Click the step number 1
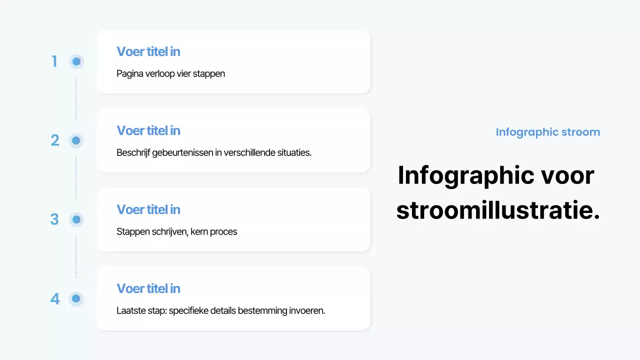tap(54, 61)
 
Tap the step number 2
tap(55, 140)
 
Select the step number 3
tap(54, 219)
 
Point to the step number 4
tap(55, 299)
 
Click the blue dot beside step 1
tap(76, 61)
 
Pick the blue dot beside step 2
tap(76, 140)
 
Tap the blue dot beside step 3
tap(76, 219)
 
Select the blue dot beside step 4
tap(76, 298)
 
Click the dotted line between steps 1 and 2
tap(76, 99)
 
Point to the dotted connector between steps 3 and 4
tap(76, 257)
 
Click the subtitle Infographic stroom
tap(547, 132)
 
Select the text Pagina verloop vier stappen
tap(170, 73)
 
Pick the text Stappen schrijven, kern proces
tap(176, 231)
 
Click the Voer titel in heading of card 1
tap(148, 51)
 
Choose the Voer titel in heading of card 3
tap(148, 209)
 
